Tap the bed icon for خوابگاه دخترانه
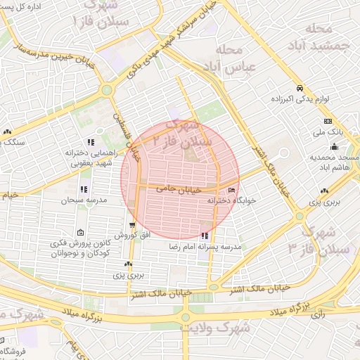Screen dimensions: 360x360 (x=233, y=190)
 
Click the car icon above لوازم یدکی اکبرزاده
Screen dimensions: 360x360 (x=300, y=89)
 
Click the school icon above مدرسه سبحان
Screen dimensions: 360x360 (x=84, y=188)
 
